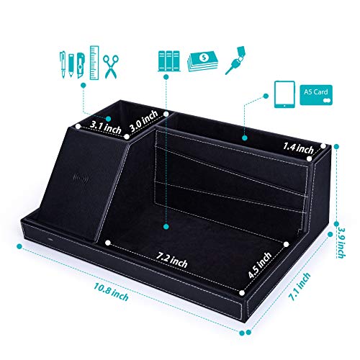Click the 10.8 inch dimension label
pos(111,292)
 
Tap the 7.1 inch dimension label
pos(300,287)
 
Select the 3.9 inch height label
pos(341,243)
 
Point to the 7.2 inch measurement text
pos(171,260)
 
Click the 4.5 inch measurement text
pos(260,265)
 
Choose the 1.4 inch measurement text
pos(298,148)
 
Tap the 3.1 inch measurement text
pos(106,127)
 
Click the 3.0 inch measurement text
pos(143,122)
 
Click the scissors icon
pos(111,66)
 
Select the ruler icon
pos(94,63)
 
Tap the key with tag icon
pos(235,60)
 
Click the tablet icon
pos(284,94)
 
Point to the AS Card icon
pos(316,95)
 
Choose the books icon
pos(168,61)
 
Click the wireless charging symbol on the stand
pos(81,178)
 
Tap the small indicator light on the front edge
pos(50,240)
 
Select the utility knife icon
pos(81,66)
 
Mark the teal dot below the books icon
pos(166,77)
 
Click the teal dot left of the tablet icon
pos(266,96)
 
